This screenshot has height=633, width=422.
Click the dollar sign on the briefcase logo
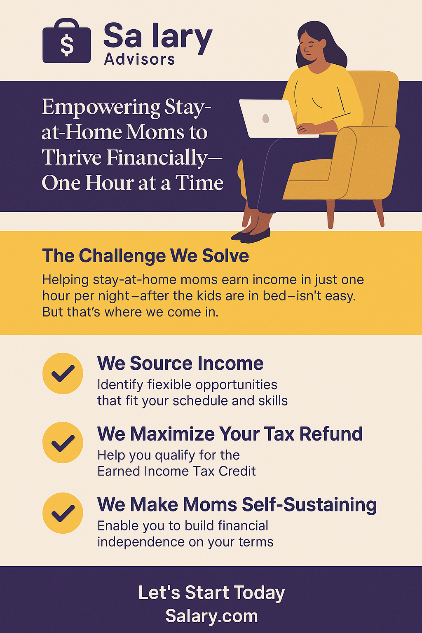67,45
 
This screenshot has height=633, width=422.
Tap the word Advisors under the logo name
139,60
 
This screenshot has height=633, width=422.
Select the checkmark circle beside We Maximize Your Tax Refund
63,443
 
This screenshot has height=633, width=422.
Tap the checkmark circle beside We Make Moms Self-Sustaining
63,513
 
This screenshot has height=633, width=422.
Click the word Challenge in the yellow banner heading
122,256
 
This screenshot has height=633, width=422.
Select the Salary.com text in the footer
211,616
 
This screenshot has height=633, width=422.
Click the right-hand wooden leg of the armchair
378,213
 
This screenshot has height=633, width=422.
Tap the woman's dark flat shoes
251,235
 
